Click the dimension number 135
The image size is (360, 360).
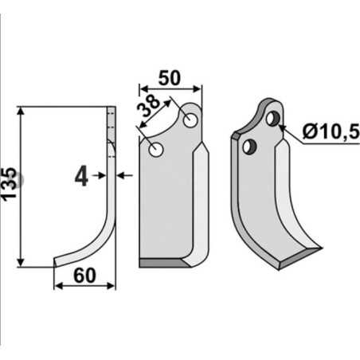point(9,183)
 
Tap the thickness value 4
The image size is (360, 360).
point(81,176)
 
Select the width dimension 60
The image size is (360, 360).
point(84,276)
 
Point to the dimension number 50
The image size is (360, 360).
point(170,78)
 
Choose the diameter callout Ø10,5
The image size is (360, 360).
point(331,132)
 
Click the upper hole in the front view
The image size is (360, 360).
point(190,120)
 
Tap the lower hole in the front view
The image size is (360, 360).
point(156,150)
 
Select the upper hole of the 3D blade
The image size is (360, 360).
point(272,119)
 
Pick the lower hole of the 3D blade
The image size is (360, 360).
point(249,147)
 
